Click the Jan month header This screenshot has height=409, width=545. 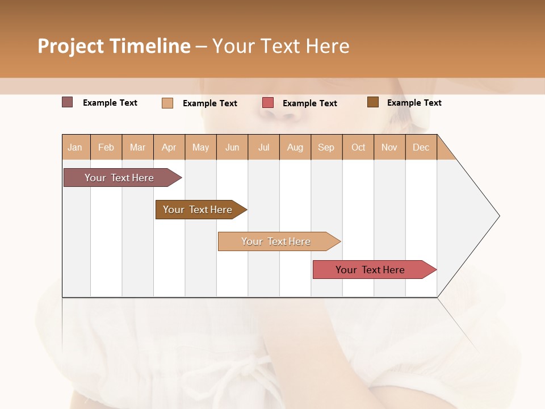point(76,147)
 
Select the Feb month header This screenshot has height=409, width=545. point(106,147)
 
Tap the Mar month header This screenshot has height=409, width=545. point(137,147)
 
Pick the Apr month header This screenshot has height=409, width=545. point(169,147)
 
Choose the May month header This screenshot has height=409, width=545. point(200,147)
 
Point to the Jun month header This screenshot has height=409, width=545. point(232,147)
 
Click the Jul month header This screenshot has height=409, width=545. point(263,147)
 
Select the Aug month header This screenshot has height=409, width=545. point(295,147)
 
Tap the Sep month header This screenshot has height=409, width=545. point(326,147)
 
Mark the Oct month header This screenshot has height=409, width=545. point(358,147)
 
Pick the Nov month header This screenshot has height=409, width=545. point(389,147)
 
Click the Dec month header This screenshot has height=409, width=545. point(421,147)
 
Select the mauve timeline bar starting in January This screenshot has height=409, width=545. point(120,178)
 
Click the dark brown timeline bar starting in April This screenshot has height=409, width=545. point(198,210)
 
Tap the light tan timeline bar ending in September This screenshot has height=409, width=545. point(276,241)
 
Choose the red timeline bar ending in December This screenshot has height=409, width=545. point(371,270)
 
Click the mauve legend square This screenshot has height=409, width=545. point(68,102)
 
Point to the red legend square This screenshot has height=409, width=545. point(268,103)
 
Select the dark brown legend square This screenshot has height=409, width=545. point(373,102)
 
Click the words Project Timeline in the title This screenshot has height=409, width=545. point(114,46)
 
